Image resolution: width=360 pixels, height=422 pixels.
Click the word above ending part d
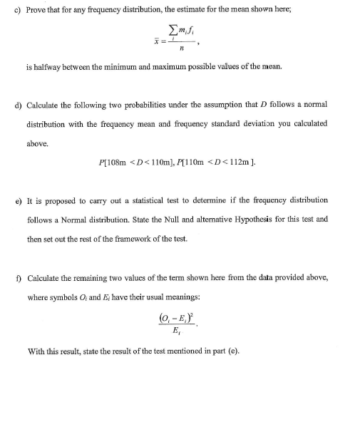pyautogui.click(x=37, y=143)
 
